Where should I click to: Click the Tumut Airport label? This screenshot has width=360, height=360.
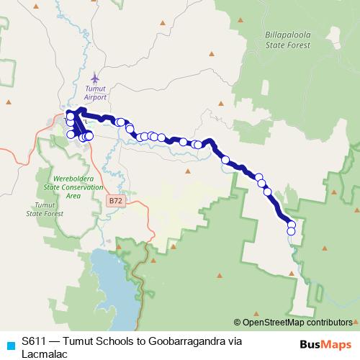[95, 91]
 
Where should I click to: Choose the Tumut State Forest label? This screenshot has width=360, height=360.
[40, 210]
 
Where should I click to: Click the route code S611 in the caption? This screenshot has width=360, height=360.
[35, 341]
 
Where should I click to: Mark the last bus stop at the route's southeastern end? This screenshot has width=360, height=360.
[292, 231]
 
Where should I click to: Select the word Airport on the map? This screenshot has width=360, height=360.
[95, 96]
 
